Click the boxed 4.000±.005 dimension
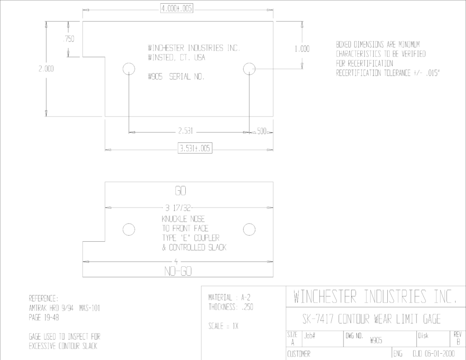tap(177, 8)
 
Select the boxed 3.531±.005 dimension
tap(195, 148)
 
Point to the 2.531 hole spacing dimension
tap(186, 131)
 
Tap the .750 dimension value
tap(69, 39)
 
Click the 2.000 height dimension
tap(46, 69)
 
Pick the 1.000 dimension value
tap(302, 49)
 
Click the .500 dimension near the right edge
tap(262, 131)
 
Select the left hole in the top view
tap(129, 69)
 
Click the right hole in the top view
tap(249, 69)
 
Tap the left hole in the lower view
tap(129, 229)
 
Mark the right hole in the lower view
tap(249, 229)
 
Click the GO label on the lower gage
tap(180, 191)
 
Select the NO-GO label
tap(178, 271)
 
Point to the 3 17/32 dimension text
tap(178, 208)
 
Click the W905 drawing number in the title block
tap(376, 341)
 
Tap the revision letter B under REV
tap(458, 342)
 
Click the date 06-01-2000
tap(440, 354)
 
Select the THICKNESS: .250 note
tap(231, 307)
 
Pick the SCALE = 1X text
tap(223, 326)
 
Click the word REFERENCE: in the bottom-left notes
tap(44, 298)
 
